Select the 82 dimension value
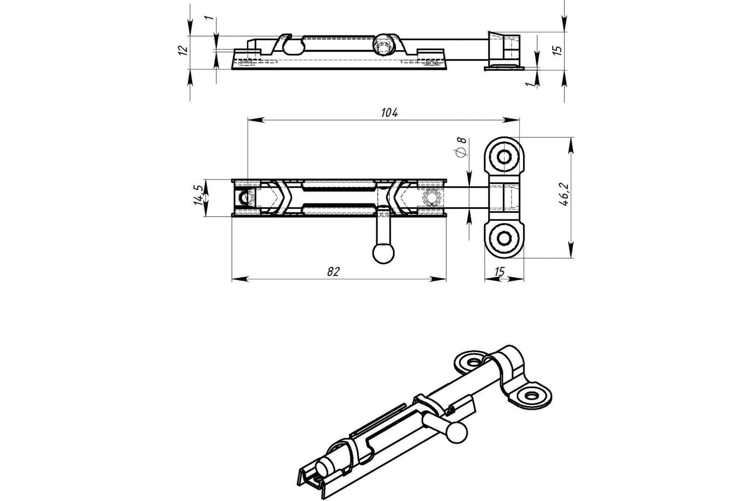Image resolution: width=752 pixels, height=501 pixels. [333, 271]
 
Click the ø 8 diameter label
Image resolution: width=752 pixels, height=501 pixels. [462, 147]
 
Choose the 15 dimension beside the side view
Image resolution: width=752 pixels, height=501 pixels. [557, 50]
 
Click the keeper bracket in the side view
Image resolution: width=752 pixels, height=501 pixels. [504, 51]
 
